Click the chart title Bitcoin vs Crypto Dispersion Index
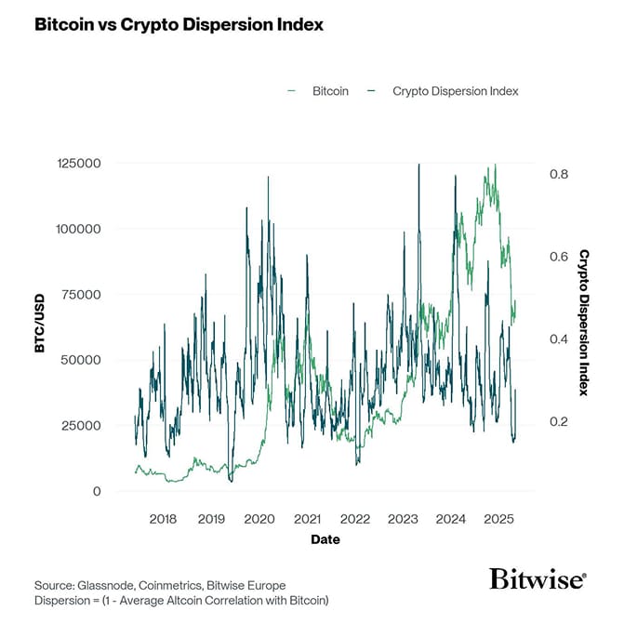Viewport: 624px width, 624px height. click(179, 25)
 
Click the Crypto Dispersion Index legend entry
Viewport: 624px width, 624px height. click(455, 91)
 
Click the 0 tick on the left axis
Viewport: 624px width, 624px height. click(96, 491)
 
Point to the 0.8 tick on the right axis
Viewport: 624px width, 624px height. click(557, 175)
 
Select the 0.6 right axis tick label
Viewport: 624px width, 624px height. click(557, 257)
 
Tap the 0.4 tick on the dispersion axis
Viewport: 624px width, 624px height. click(557, 339)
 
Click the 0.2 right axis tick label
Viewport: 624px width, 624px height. click(557, 421)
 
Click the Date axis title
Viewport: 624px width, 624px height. click(325, 539)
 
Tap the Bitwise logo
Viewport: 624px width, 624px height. click(538, 579)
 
